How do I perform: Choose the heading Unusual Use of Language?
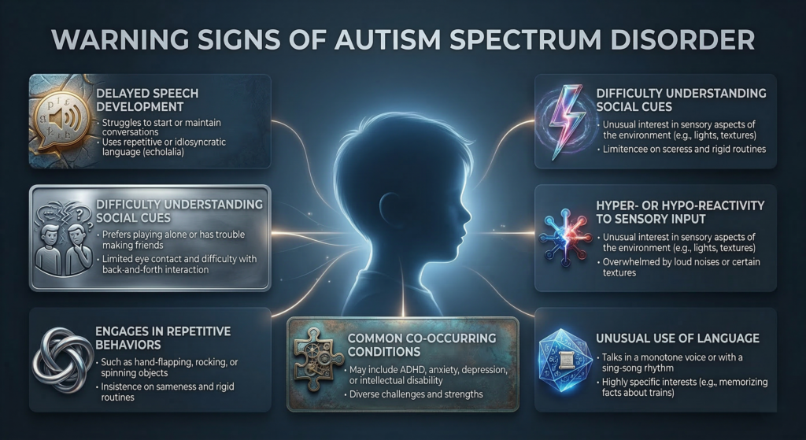(676, 338)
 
